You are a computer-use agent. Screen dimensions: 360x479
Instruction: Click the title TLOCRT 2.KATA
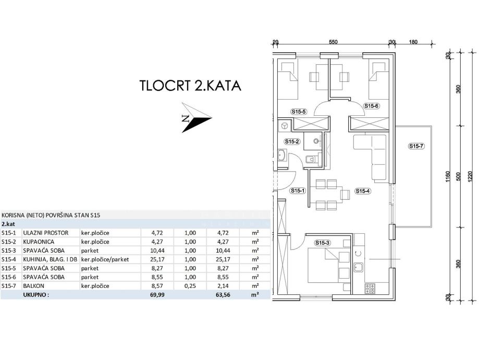pyautogui.click(x=190, y=86)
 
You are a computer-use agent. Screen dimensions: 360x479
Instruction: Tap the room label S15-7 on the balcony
pyautogui.click(x=416, y=146)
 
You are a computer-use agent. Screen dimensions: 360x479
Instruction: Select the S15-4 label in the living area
pyautogui.click(x=363, y=191)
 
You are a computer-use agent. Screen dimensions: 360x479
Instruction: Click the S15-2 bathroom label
pyautogui.click(x=291, y=141)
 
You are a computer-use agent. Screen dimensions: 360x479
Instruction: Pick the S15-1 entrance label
pyautogui.click(x=298, y=191)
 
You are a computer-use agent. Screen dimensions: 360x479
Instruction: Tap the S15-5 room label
pyautogui.click(x=298, y=111)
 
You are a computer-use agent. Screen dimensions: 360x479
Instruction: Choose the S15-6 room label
pyautogui.click(x=371, y=106)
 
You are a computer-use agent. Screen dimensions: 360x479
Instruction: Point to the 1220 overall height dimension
pyautogui.click(x=471, y=177)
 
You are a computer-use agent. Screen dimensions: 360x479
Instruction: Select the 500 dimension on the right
pyautogui.click(x=459, y=177)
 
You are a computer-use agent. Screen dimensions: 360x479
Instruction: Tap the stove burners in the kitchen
pyautogui.click(x=370, y=287)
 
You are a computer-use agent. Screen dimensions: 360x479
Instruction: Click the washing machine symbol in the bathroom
pyautogui.click(x=285, y=126)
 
